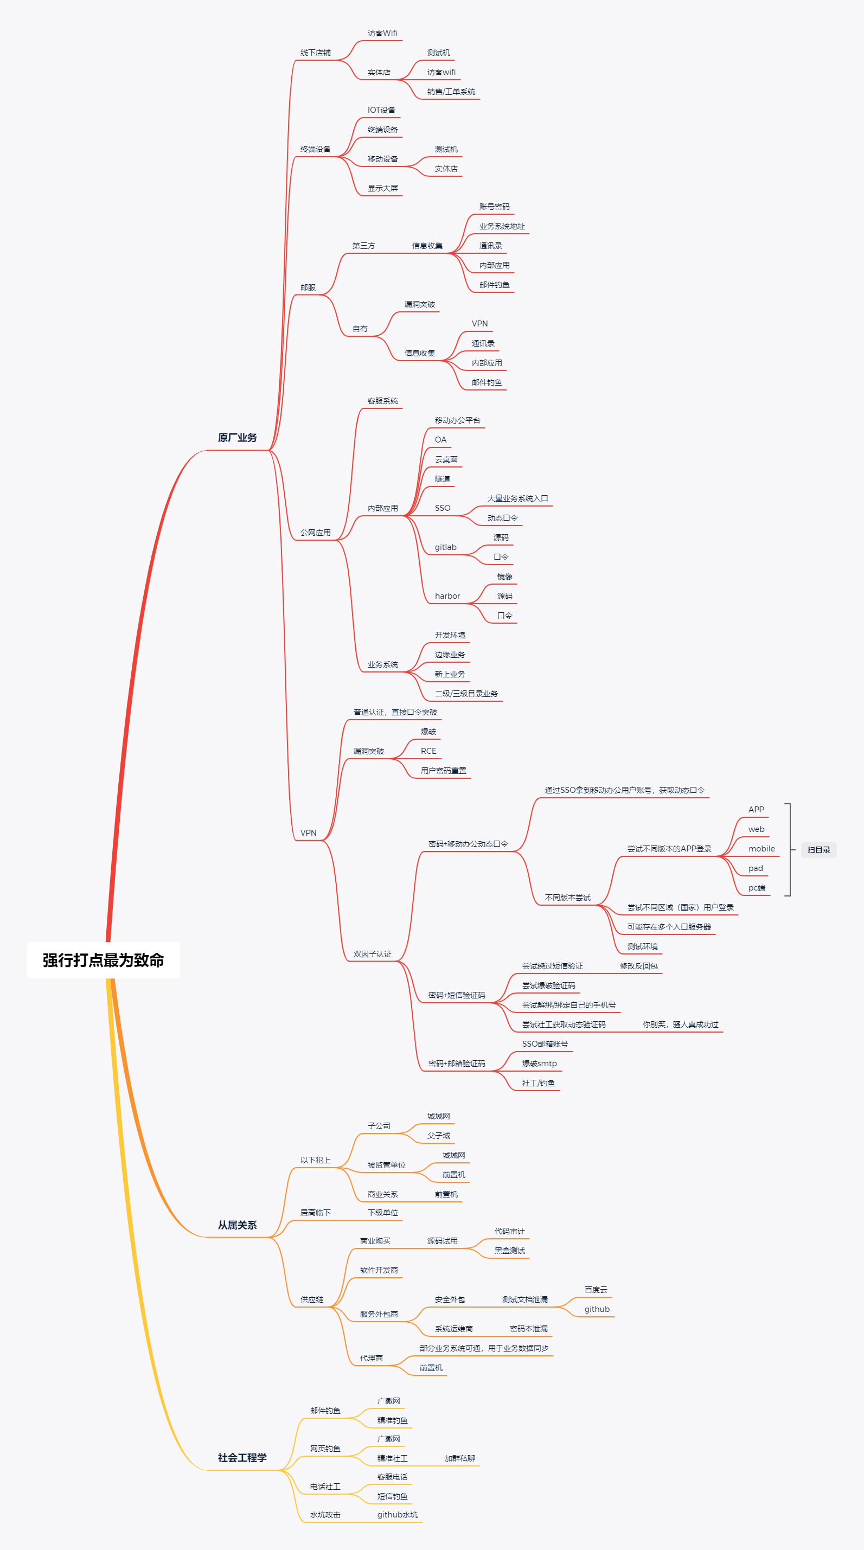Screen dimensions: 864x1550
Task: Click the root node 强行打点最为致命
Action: (x=104, y=960)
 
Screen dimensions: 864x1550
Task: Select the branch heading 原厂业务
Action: (x=237, y=438)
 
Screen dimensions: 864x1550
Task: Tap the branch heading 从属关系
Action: (x=237, y=1225)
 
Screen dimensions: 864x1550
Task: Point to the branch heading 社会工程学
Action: (x=242, y=1457)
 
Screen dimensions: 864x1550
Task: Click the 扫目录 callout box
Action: (x=818, y=850)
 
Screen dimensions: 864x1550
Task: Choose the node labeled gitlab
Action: (x=445, y=547)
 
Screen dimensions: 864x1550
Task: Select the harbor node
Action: (x=447, y=595)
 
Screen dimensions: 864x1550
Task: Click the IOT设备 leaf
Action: (x=381, y=110)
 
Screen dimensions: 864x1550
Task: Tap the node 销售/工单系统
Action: (x=451, y=92)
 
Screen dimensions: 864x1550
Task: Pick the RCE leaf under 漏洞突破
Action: (x=428, y=751)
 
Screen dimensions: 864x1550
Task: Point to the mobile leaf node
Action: (x=761, y=848)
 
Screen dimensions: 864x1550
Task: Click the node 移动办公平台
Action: (x=457, y=420)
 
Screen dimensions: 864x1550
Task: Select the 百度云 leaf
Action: (x=596, y=1290)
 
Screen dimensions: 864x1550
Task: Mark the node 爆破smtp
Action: (x=539, y=1063)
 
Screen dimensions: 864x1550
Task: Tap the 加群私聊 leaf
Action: (x=460, y=1458)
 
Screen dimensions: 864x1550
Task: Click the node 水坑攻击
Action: (x=325, y=1515)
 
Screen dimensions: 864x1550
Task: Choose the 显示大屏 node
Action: (x=383, y=188)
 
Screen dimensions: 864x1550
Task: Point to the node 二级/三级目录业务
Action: (x=466, y=693)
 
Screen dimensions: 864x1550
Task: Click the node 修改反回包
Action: (x=638, y=966)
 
